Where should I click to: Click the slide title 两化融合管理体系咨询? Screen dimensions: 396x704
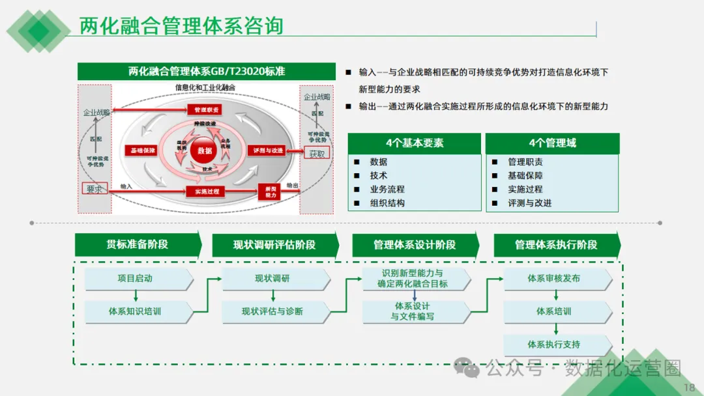tap(181, 25)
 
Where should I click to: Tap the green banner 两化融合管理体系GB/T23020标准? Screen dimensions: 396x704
tap(207, 72)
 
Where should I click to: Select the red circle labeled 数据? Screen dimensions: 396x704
tap(205, 150)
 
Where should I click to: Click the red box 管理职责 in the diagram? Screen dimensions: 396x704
tap(205, 109)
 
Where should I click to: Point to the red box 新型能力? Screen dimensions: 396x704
tap(270, 191)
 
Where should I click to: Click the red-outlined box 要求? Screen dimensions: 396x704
tap(94, 189)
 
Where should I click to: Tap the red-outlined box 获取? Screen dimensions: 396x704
tap(317, 154)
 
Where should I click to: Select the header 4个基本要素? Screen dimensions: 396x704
tap(415, 143)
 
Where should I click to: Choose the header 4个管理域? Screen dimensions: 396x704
tap(552, 143)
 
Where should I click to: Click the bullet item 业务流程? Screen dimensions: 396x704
tap(387, 189)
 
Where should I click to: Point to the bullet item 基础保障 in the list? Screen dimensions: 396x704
tap(525, 175)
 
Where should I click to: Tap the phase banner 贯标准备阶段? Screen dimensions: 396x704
tap(138, 245)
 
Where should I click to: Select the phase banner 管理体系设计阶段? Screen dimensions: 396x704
tap(415, 245)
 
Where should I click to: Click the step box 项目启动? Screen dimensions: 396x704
tap(136, 279)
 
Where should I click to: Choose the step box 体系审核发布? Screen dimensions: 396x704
tap(554, 279)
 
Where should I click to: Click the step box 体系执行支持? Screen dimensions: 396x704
tap(554, 344)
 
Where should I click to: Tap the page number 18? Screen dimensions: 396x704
tap(689, 388)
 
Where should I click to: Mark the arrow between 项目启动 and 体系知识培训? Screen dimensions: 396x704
tap(136, 295)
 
